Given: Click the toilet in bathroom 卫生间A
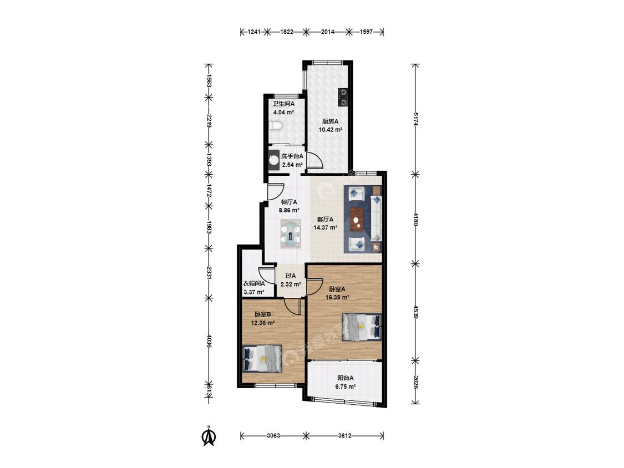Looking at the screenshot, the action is click(x=275, y=126).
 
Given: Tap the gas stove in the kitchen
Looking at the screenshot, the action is click(x=343, y=97).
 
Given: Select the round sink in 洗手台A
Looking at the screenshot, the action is click(x=274, y=160).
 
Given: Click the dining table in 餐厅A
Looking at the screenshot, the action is click(x=291, y=234).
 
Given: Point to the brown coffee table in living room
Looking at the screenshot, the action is click(x=358, y=219).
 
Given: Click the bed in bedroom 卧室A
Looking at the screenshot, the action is click(x=362, y=327).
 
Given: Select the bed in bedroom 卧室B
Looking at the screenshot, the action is click(x=262, y=359).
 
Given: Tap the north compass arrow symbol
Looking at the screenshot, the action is click(x=209, y=436).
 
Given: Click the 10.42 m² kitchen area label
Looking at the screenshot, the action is click(x=331, y=130).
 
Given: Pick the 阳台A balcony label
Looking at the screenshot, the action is click(x=346, y=378).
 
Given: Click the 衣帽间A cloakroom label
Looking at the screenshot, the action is click(x=254, y=284).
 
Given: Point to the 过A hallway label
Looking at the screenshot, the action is click(x=291, y=276).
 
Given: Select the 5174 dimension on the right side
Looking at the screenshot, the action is click(x=415, y=119).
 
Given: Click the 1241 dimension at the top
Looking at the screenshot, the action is click(x=254, y=32).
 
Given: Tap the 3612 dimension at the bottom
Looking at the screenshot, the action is click(x=344, y=436).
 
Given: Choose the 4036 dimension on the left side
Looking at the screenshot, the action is click(x=208, y=340).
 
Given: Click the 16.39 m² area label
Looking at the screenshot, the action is click(x=337, y=297).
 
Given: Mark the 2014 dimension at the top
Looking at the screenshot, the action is click(x=327, y=32).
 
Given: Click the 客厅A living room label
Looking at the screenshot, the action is click(x=325, y=219).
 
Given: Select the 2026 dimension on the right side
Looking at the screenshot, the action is click(x=415, y=382).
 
